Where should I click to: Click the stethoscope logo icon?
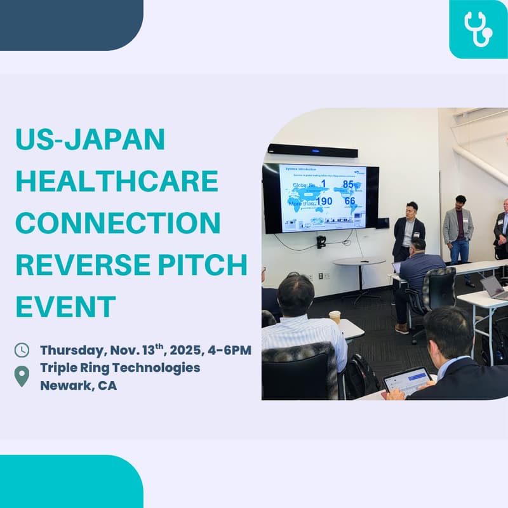coord(478,29)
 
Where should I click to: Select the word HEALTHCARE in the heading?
coord(117,182)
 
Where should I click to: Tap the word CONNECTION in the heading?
coord(118,224)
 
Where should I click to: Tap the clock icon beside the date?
coord(22,350)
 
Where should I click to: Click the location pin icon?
coord(22,376)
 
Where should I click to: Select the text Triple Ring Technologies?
coord(120,368)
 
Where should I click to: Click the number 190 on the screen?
coord(324,201)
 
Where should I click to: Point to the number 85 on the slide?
coord(348,184)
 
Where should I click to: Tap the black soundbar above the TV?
coord(312,151)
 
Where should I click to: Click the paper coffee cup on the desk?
coord(335,317)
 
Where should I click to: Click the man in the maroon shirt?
coord(458,229)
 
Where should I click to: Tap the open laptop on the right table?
coord(494,287)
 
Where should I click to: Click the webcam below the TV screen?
coord(321,241)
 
